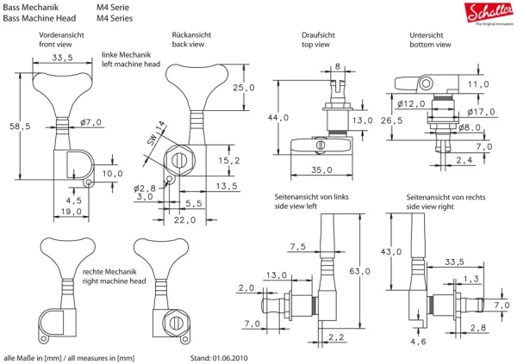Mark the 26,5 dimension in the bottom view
(393, 121)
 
